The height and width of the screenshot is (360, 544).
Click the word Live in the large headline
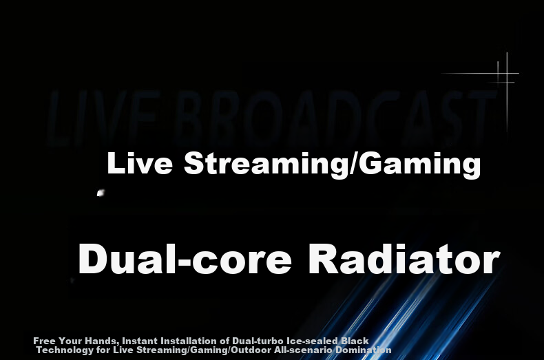pyautogui.click(x=140, y=163)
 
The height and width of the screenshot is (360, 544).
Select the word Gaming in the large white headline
pyautogui.click(x=419, y=165)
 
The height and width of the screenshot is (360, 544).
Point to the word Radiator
pyautogui.click(x=404, y=259)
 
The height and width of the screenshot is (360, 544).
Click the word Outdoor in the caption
pyautogui.click(x=251, y=350)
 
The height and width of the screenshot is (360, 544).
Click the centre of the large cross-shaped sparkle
pyautogui.click(x=507, y=73)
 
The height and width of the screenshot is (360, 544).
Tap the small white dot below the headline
pyautogui.click(x=101, y=193)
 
